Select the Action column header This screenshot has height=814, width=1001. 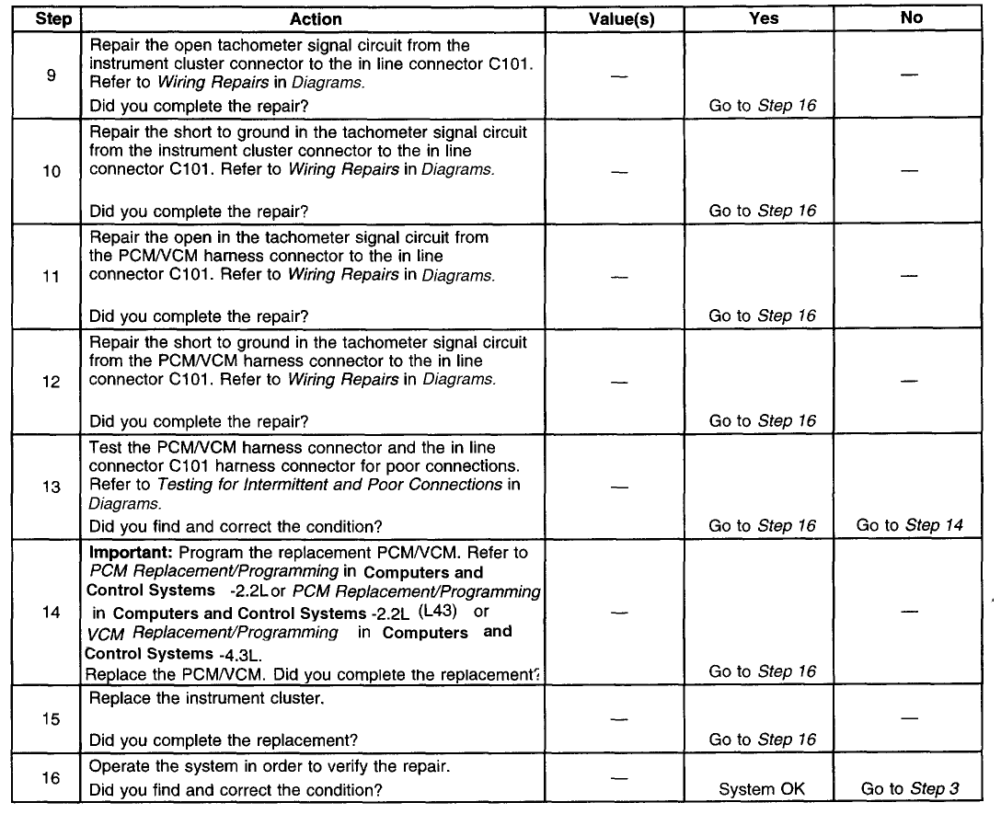tap(316, 18)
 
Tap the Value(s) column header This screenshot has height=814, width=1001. tap(621, 18)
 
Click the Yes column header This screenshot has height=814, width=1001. tap(763, 18)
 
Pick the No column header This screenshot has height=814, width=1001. tap(912, 18)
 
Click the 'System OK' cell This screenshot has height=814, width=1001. tap(763, 788)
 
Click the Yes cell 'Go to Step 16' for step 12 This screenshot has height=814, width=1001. tap(763, 421)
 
